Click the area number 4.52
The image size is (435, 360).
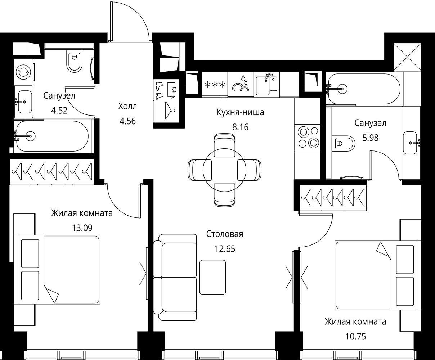59,111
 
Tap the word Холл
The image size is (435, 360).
127,107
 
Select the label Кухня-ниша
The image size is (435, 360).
240,112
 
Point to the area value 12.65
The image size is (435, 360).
225,249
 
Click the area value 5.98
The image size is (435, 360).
371,138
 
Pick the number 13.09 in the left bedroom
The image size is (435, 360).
82,228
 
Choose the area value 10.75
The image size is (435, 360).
356,337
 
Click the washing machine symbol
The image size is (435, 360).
23,72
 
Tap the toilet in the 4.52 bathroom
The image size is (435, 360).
74,61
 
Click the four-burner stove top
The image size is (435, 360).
307,137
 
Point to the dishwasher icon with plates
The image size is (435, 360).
241,84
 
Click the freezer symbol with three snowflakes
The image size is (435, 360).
215,84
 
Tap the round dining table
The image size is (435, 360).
225,170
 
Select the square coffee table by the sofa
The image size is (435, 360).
213,277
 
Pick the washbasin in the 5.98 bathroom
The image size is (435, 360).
410,143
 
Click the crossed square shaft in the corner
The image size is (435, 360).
407,57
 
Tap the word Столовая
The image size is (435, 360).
225,234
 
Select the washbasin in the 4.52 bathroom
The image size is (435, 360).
24,102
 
